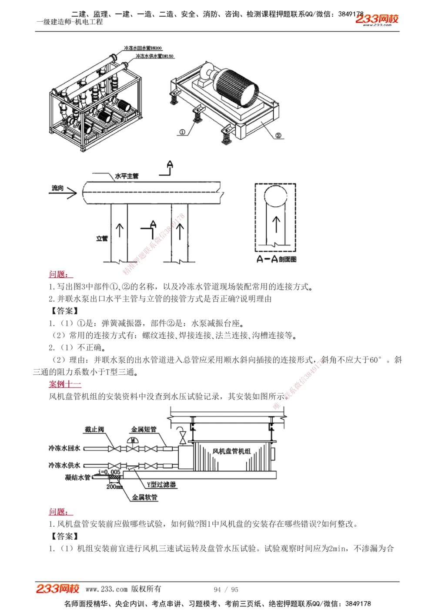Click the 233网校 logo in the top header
(377, 20)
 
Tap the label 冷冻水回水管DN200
(143, 48)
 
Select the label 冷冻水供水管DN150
(154, 56)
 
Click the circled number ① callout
(182, 132)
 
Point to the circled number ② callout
(278, 135)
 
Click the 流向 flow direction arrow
(64, 191)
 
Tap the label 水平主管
(127, 176)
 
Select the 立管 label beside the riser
(102, 238)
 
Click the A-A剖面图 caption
(276, 259)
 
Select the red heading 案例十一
(65, 384)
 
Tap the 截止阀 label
(94, 429)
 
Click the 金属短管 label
(144, 429)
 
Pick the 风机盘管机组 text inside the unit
(231, 451)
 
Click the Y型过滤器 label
(161, 485)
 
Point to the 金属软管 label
(145, 497)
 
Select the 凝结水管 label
(77, 477)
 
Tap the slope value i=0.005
(110, 471)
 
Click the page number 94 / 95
(226, 589)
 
